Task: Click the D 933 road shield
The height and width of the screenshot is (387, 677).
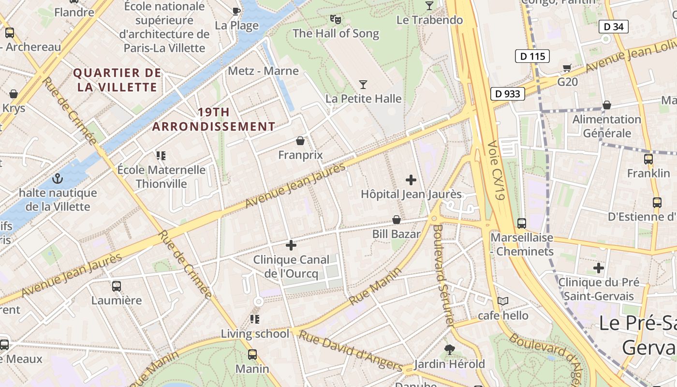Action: click(x=508, y=93)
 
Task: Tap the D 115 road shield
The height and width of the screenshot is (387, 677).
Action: click(x=532, y=56)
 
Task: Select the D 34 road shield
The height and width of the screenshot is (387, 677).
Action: click(x=614, y=27)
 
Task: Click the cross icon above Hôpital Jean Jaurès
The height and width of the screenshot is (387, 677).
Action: click(x=411, y=180)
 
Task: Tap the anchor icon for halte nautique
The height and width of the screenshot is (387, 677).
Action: click(x=58, y=179)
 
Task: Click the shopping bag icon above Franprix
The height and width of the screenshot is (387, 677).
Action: click(x=300, y=141)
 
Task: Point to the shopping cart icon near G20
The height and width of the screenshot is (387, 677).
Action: click(x=567, y=68)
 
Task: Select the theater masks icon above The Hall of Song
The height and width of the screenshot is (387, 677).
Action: click(x=335, y=19)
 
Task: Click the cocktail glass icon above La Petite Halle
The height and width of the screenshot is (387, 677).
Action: click(x=363, y=85)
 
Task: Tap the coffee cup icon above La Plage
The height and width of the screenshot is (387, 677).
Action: click(x=236, y=11)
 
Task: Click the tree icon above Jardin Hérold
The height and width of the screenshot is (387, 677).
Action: click(x=450, y=349)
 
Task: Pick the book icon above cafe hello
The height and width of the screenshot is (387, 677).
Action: click(x=503, y=301)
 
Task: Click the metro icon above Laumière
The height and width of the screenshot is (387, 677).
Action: click(x=117, y=286)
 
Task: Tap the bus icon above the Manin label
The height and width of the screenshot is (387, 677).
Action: click(x=252, y=354)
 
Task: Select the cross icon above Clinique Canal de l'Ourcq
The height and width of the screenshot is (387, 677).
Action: click(x=291, y=245)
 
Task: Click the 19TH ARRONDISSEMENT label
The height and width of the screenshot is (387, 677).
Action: click(x=214, y=119)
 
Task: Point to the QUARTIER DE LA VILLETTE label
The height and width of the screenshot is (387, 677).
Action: click(x=117, y=80)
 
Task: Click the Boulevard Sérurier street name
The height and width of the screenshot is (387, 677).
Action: click(x=443, y=273)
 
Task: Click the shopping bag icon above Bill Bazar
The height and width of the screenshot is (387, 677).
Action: click(x=397, y=220)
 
